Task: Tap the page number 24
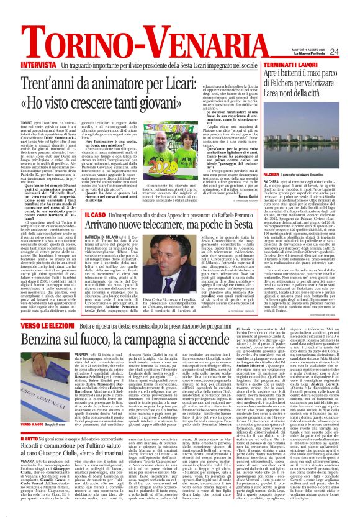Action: click(x=351, y=52)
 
